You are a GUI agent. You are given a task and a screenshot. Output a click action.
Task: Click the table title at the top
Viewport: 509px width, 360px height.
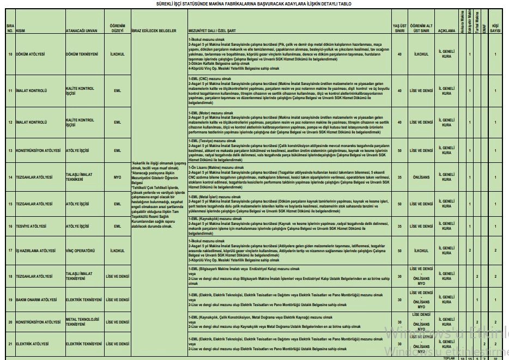[x=254, y=3]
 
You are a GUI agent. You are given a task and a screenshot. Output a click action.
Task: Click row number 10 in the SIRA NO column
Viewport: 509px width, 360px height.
[x=10, y=54]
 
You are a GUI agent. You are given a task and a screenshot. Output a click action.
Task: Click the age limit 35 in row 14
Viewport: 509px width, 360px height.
[x=400, y=177]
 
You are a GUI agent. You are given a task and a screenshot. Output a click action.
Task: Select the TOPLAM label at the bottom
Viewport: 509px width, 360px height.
[x=449, y=358]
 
